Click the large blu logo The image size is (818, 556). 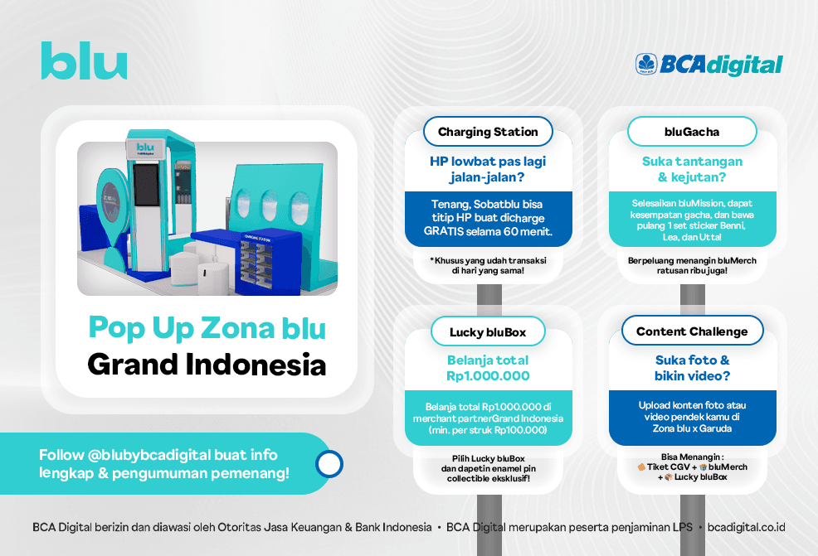pos(84,60)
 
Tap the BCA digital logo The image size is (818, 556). pos(709,65)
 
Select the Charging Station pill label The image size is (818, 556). pos(488,131)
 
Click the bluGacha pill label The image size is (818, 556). pos(692,131)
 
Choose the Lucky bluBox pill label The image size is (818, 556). pos(488,332)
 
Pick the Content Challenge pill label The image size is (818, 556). pos(692,331)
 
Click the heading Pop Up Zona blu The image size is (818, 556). pos(207,329)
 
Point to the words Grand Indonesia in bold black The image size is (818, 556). pos(207,365)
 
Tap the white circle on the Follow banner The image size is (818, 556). pos(329,464)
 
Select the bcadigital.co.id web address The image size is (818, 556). pos(746,527)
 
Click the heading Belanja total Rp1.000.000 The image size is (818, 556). pos(488,368)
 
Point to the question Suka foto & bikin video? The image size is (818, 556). pos(692,368)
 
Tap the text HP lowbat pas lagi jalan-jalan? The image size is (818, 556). pos(488,169)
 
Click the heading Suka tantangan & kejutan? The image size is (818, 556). pos(692,169)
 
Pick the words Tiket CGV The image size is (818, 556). pos(668,467)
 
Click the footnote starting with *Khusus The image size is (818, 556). pos(489,265)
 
